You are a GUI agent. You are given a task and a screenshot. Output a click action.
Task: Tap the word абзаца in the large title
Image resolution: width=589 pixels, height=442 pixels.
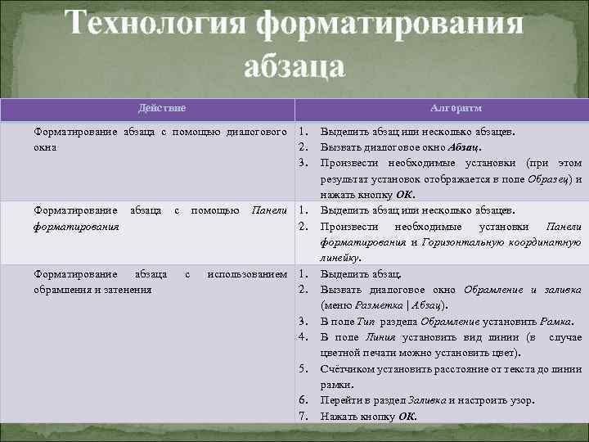click(294, 65)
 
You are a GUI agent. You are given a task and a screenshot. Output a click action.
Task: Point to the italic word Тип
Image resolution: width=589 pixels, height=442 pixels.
click(366, 321)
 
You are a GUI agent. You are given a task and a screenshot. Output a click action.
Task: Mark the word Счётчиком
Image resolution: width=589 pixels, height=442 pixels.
click(346, 368)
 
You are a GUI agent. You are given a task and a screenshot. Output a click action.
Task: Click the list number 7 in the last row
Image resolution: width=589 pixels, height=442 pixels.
click(302, 416)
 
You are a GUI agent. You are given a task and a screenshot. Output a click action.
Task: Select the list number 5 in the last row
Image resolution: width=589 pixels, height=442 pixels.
click(302, 368)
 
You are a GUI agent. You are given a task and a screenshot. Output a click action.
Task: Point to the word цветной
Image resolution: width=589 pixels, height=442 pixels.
click(339, 353)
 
